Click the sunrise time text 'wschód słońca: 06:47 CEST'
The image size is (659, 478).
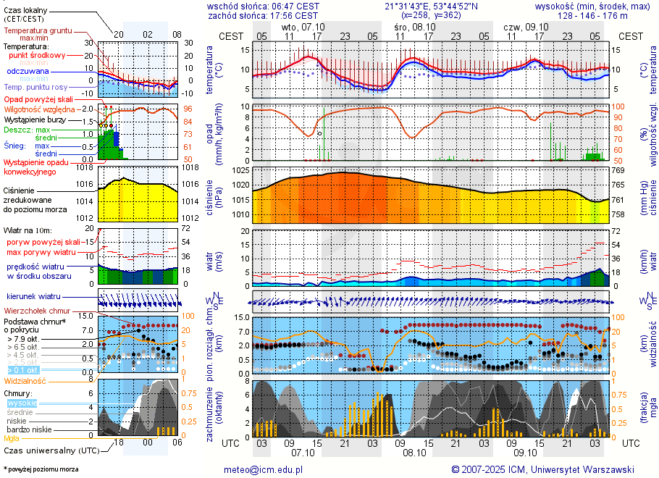click(x=263, y=6)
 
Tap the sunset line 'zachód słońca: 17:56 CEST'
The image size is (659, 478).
click(x=263, y=14)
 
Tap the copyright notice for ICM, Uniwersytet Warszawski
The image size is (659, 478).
click(x=542, y=469)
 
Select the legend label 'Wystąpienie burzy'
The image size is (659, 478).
click(x=34, y=119)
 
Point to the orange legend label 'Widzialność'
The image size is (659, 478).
click(x=25, y=380)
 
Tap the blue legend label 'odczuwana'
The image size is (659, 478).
click(x=28, y=72)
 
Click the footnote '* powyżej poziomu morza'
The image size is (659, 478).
click(x=41, y=469)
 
